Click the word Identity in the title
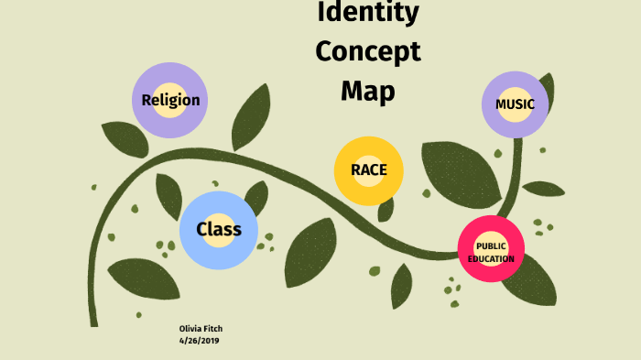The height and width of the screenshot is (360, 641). click(x=368, y=13)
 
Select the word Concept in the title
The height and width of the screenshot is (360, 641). click(x=368, y=50)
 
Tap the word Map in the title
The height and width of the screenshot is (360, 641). click(x=368, y=91)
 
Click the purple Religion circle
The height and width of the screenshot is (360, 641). click(x=170, y=101)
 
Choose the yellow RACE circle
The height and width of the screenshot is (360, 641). click(x=368, y=169)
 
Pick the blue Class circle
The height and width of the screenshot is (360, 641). click(x=219, y=229)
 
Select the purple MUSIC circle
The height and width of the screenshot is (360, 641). click(x=515, y=104)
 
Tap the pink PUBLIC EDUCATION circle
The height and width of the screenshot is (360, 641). click(x=491, y=250)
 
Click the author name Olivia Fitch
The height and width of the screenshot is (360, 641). click(x=200, y=329)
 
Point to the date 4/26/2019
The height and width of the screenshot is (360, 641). click(x=199, y=340)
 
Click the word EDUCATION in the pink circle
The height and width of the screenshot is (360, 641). click(x=491, y=259)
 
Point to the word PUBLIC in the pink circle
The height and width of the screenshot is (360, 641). click(x=491, y=245)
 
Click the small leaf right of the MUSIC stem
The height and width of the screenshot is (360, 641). click(x=544, y=189)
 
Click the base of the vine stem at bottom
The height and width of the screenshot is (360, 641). click(x=94, y=316)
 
